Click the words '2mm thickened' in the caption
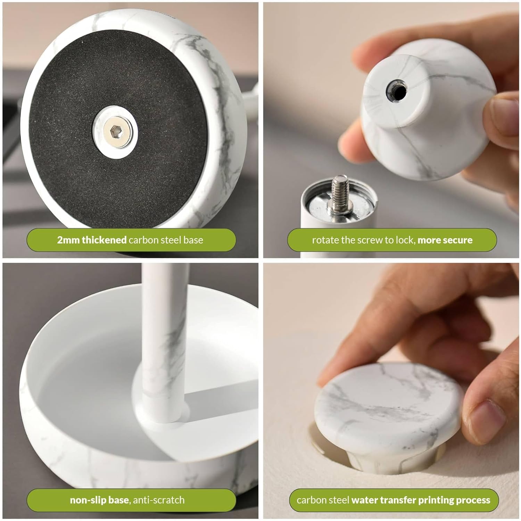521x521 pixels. (92, 240)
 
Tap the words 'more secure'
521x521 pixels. (445, 240)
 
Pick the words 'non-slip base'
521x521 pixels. (99, 500)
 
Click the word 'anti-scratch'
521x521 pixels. (159, 500)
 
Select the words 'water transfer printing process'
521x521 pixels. (421, 500)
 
